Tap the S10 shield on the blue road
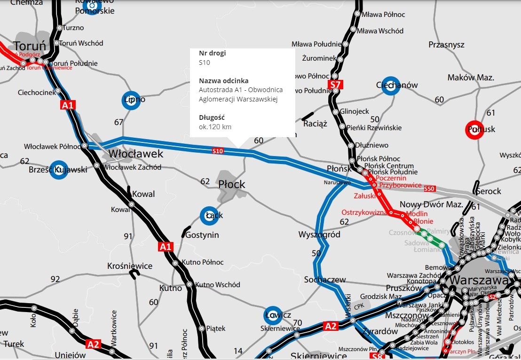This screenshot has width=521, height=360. (217, 151)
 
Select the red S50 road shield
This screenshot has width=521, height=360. (429, 189)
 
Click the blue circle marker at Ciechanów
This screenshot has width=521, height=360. (389, 86)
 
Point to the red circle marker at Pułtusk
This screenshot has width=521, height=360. (474, 130)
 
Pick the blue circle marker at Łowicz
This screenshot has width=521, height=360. (273, 315)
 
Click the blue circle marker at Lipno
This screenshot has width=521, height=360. (132, 100)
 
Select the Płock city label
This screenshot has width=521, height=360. (232, 184)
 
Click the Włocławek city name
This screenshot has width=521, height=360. (136, 154)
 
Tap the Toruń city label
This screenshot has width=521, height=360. (29, 46)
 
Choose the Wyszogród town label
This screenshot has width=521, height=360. (319, 235)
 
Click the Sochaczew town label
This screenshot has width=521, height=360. (325, 280)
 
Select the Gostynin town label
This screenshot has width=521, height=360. (202, 235)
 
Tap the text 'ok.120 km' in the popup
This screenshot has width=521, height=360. (215, 127)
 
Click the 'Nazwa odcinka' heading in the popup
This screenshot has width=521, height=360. (223, 80)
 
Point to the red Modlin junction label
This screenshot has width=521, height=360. (417, 213)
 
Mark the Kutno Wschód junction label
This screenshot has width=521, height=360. (218, 284)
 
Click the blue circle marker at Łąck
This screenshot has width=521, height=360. (209, 216)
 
